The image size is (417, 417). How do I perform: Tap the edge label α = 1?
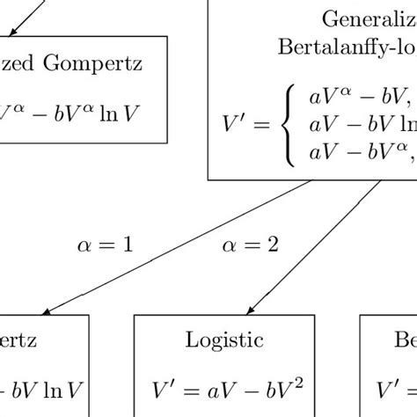coord(106,245)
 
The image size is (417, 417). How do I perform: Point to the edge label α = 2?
coord(249,245)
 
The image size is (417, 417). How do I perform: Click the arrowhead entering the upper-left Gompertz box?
coord(11,32)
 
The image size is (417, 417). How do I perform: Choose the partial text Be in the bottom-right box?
coord(406,340)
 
